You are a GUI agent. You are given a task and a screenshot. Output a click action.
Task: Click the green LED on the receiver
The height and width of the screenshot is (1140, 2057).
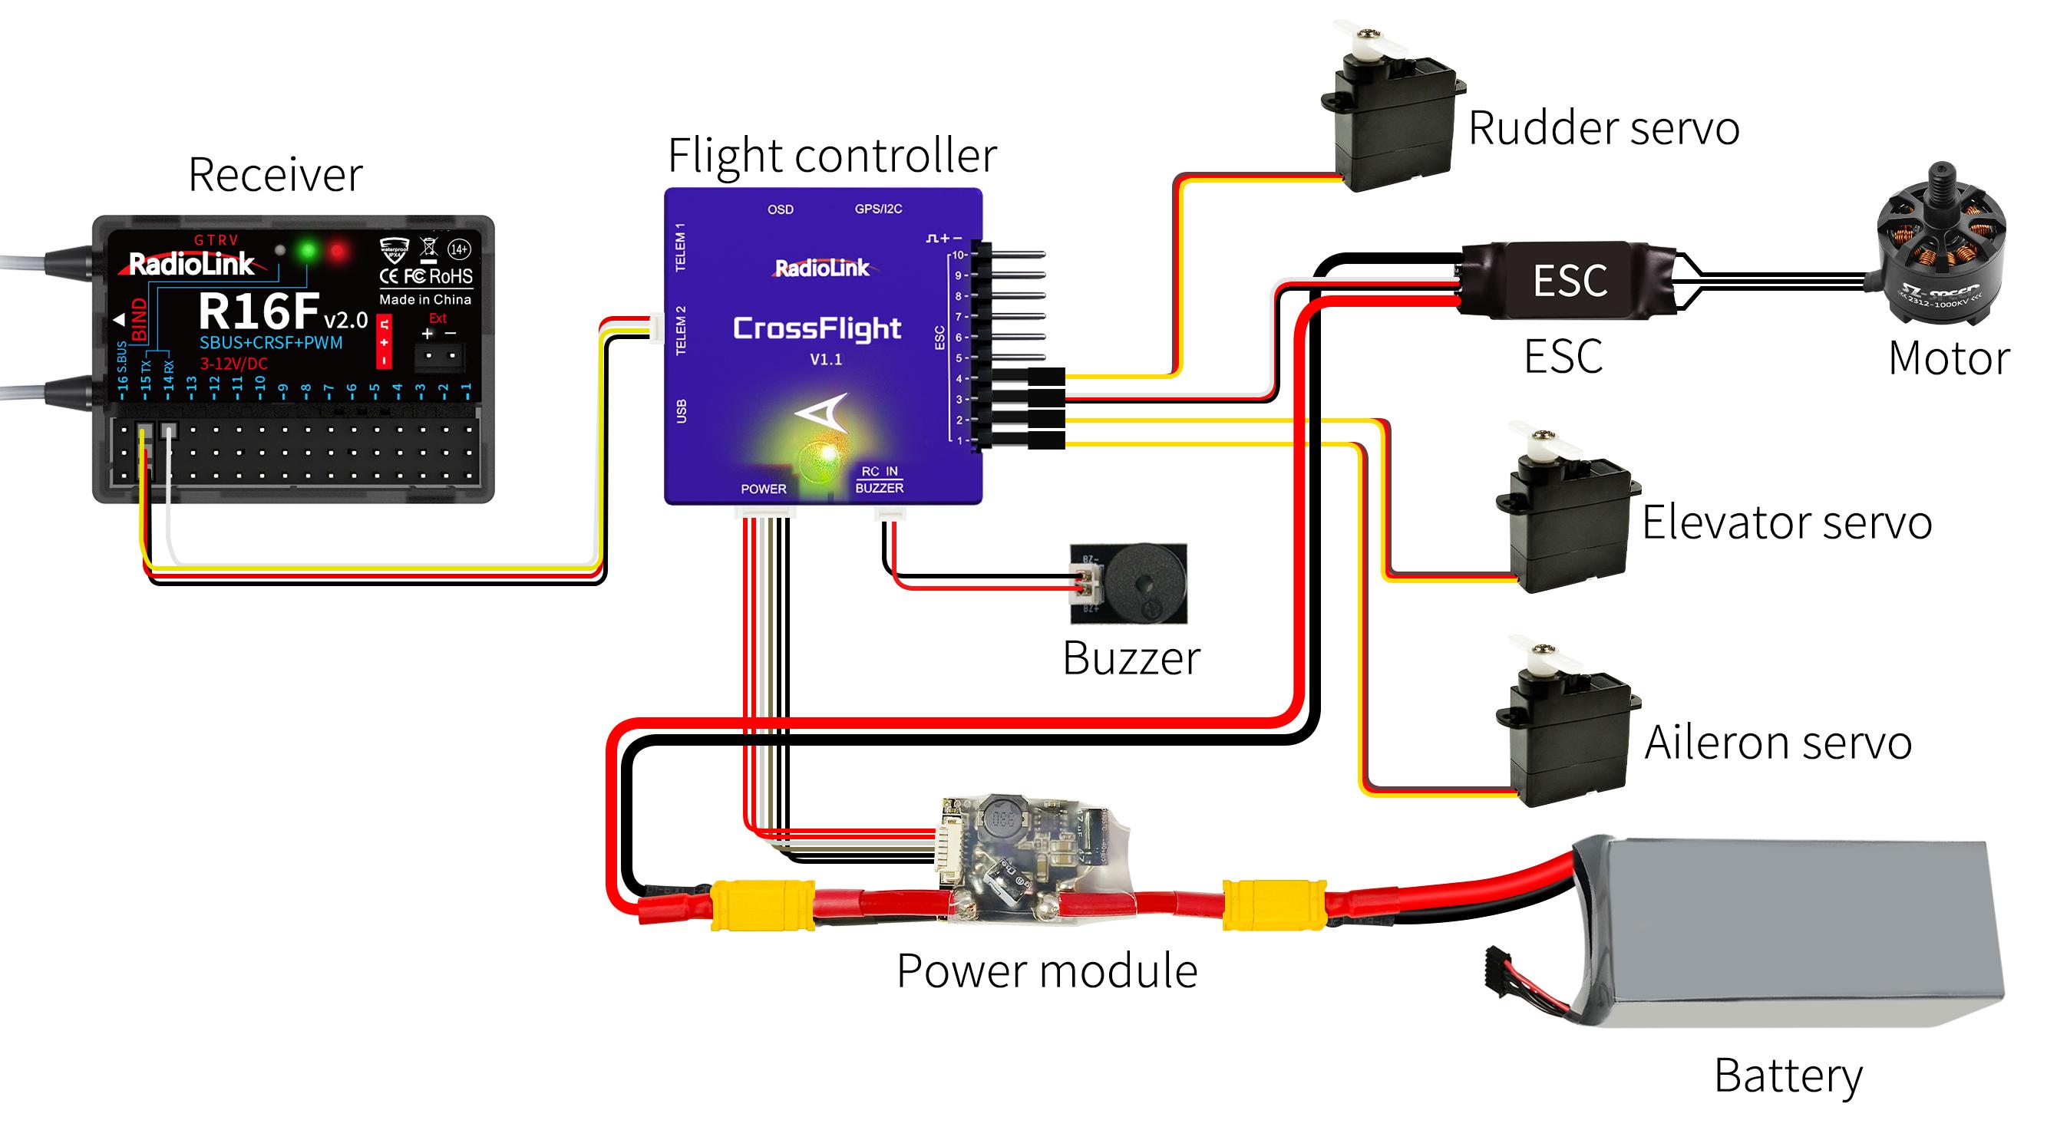click(308, 252)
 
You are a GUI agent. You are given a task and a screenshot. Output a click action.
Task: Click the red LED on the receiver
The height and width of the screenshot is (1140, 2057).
click(338, 252)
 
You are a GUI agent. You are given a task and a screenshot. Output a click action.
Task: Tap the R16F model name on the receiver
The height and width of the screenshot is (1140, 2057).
click(259, 311)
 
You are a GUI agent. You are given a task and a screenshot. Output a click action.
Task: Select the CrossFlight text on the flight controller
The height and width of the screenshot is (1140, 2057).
click(817, 328)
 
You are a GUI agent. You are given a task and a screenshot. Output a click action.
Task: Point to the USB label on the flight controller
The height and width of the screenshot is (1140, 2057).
click(681, 410)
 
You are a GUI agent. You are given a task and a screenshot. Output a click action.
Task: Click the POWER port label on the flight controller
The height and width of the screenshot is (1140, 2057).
click(764, 489)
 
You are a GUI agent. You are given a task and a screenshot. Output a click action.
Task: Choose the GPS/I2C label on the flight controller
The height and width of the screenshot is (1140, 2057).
click(878, 209)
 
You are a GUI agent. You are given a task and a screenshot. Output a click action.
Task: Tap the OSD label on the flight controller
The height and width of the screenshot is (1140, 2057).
click(780, 209)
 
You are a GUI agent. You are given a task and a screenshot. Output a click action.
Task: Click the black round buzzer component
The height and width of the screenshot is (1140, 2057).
click(1144, 583)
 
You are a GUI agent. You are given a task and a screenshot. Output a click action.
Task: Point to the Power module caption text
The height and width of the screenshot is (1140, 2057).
click(1047, 970)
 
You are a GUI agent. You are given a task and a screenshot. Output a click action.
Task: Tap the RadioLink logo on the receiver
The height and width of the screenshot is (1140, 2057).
click(192, 264)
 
